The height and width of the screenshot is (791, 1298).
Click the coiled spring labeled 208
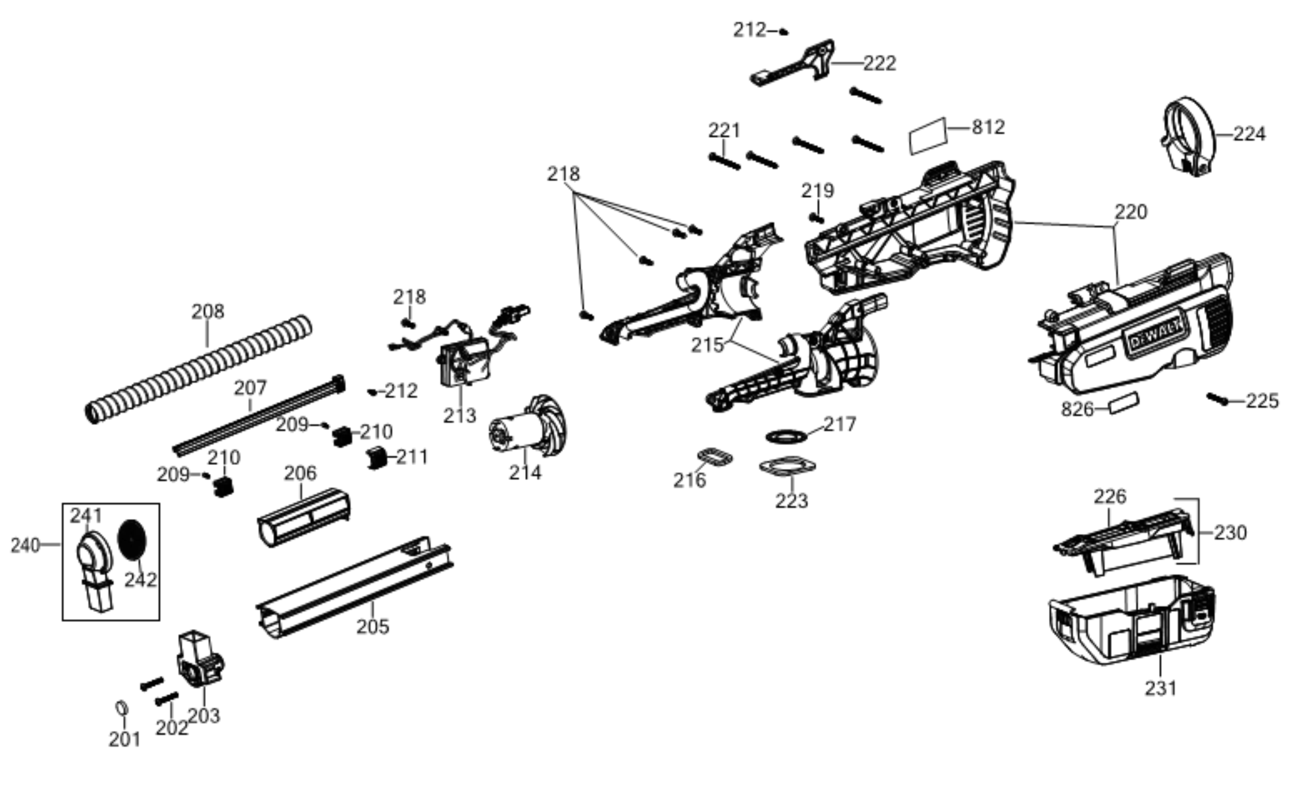199,369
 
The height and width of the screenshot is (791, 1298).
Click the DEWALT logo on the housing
1156,335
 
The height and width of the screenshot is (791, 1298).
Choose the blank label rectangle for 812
928,136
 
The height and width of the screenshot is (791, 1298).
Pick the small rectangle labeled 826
1124,404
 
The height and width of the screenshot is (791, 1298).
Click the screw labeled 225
1217,399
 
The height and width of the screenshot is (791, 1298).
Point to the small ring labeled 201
122,708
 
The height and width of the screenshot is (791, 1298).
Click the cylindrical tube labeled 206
303,517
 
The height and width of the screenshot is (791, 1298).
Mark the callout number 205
373,627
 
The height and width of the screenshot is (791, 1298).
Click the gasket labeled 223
788,466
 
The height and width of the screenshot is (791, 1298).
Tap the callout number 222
880,63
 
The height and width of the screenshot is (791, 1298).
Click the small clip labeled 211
376,458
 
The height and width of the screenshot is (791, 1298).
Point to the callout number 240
25,545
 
